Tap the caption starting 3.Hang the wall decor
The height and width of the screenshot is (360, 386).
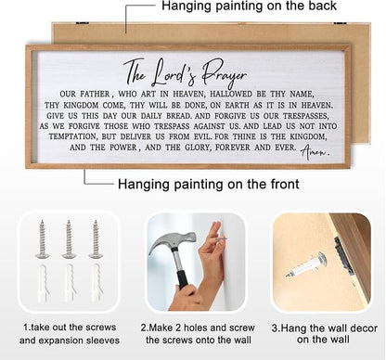[x=319, y=332]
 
